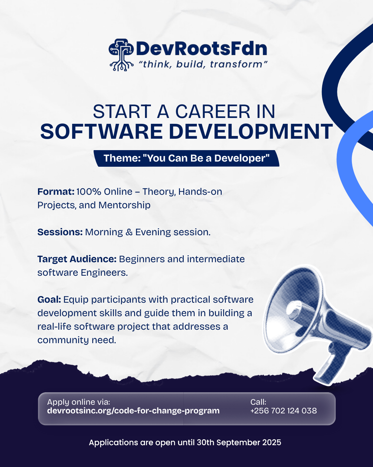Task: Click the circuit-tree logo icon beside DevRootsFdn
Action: coord(121,55)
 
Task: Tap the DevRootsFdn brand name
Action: coord(202,49)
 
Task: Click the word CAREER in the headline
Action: coord(213,111)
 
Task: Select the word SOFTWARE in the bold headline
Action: coord(102,131)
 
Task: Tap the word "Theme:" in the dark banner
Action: coord(123,158)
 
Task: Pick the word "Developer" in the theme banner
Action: coord(242,158)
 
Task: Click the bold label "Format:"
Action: coord(56,192)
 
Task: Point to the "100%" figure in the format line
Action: coord(89,192)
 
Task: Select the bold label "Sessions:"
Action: coord(60,232)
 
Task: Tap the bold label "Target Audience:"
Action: coord(77,259)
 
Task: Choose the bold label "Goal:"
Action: coord(49,300)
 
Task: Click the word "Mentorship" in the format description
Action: coord(124,205)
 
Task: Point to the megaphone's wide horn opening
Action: coord(293,310)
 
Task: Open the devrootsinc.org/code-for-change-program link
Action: coord(133,411)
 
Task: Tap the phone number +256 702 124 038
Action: coord(284,411)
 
